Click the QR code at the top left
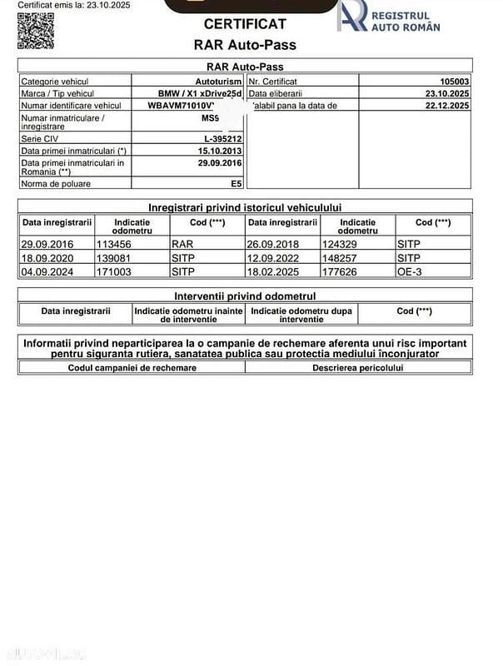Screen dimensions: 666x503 point(30,30)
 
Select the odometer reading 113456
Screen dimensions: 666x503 point(115,245)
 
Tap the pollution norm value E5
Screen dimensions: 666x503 point(236,183)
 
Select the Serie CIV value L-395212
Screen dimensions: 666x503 point(223,139)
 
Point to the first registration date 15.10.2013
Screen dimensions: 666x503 point(220,151)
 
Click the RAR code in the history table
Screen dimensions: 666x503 point(182,245)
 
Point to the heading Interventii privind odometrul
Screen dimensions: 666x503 point(245,296)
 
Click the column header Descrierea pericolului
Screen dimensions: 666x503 point(357,367)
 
